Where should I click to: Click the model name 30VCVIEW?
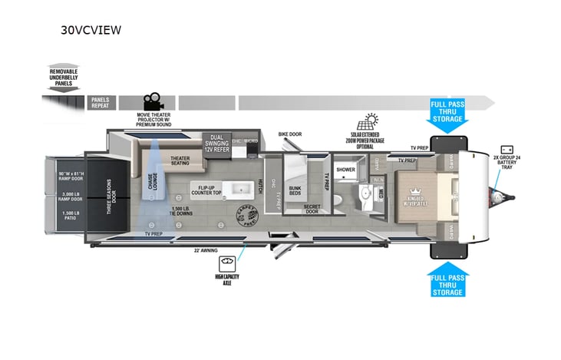click(x=91, y=31)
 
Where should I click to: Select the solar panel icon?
click(x=371, y=121)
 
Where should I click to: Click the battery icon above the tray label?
click(x=507, y=149)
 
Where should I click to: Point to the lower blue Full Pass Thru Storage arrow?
click(x=446, y=282)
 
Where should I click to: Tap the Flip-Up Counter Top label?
click(x=206, y=190)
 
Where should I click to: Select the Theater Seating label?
click(x=180, y=160)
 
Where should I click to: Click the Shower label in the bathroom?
click(x=345, y=170)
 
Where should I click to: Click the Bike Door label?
click(x=289, y=134)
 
